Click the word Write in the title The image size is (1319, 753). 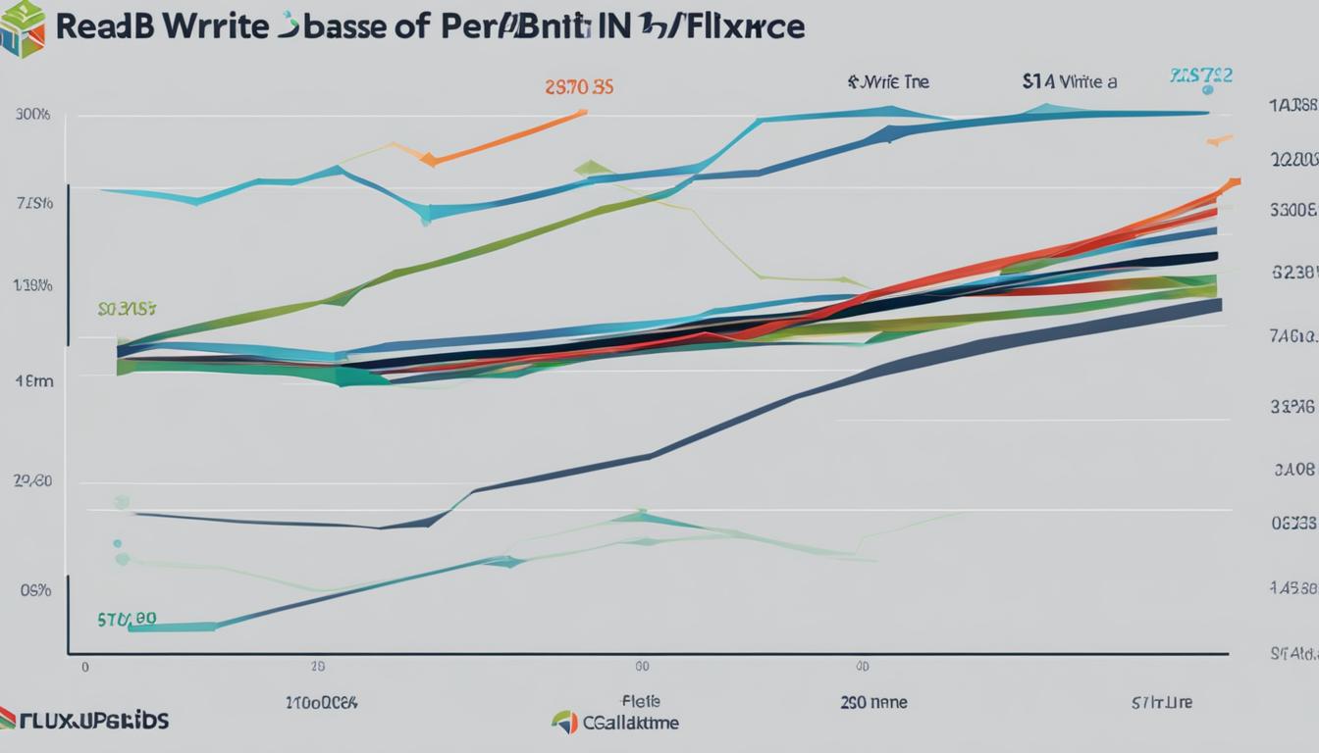211,26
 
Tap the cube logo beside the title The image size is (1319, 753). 23,28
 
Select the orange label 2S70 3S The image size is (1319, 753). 579,86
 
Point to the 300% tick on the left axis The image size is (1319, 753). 32,114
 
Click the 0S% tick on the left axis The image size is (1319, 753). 34,590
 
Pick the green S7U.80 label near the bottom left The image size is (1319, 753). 127,620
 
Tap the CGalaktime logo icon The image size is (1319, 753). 564,723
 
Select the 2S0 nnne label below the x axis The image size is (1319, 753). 873,702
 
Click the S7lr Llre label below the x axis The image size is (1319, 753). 1163,702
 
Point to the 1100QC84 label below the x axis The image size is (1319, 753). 321,702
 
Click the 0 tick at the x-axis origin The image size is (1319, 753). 85,666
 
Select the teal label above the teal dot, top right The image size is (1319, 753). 1201,75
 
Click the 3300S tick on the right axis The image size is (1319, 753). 1292,209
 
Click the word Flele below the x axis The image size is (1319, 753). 641,701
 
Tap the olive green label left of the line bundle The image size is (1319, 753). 127,309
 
